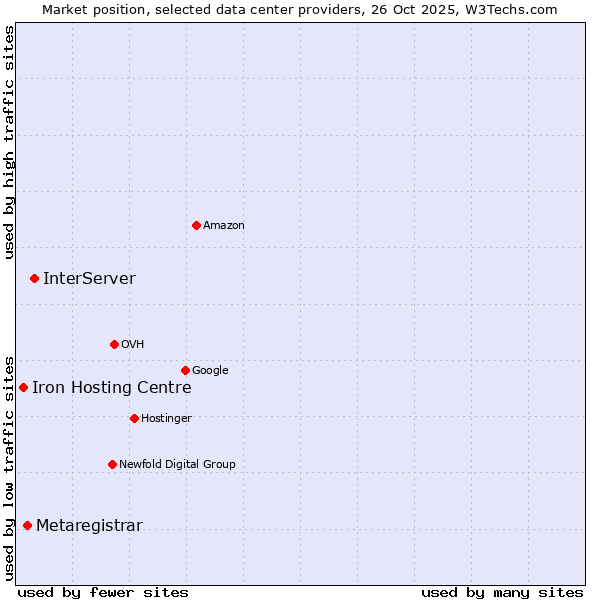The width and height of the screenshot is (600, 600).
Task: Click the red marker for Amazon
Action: tap(196, 225)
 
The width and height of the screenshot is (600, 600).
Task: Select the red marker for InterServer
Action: tap(34, 278)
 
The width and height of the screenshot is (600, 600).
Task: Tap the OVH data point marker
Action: tap(114, 344)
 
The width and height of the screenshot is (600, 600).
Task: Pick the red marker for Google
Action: tap(185, 370)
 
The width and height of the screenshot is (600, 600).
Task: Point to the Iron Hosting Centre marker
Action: tap(23, 387)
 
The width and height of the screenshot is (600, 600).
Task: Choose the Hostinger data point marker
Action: tap(134, 418)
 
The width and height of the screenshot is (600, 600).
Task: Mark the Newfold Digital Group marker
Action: tap(112, 464)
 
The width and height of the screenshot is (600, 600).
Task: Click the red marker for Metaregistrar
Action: tap(27, 525)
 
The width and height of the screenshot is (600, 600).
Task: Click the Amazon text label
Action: tap(224, 226)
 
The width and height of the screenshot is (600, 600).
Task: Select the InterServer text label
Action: tap(89, 279)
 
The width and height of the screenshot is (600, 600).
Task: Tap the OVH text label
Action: tap(133, 345)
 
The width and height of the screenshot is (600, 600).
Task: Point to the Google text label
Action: tap(210, 371)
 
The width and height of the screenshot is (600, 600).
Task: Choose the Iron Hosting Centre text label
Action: tap(111, 388)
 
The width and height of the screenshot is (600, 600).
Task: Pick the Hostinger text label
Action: tap(166, 419)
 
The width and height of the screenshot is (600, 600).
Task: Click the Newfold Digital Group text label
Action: tap(177, 465)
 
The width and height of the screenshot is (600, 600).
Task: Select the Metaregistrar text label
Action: tap(89, 526)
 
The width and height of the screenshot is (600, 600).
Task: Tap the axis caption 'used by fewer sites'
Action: tap(103, 592)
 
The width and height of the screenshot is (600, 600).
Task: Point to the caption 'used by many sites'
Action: tap(502, 592)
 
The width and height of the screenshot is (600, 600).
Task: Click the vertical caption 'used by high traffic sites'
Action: tap(9, 142)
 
